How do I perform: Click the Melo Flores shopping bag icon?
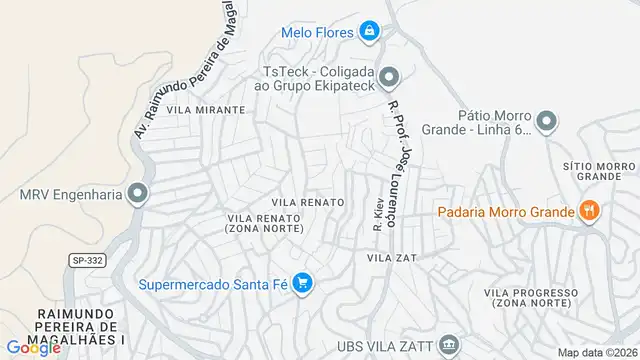tap(370, 32)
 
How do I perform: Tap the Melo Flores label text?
tap(317, 32)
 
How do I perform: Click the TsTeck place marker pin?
tap(389, 75)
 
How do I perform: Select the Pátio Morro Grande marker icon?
tap(546, 123)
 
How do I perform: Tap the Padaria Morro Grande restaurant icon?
tap(589, 210)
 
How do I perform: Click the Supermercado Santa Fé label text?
tap(213, 284)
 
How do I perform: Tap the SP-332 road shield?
tap(86, 260)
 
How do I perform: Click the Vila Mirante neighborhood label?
tap(206, 110)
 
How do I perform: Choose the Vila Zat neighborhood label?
tap(390, 257)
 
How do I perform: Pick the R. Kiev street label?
tap(378, 213)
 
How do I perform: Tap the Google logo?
tap(32, 347)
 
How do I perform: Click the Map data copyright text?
tap(596, 352)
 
